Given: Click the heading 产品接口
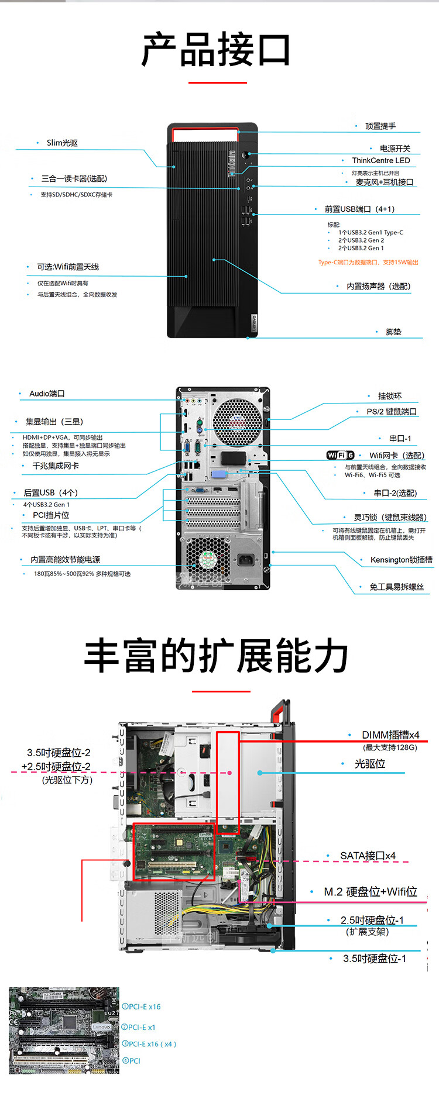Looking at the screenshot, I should click(x=216, y=50).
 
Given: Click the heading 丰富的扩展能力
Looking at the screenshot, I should click(x=216, y=656).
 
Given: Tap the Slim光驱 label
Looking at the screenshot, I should click(x=62, y=143).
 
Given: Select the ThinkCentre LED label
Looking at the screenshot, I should click(x=380, y=160).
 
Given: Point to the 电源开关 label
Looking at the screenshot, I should click(x=395, y=149).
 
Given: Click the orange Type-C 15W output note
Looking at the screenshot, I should click(x=368, y=263).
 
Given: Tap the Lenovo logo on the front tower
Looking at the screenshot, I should click(x=254, y=322).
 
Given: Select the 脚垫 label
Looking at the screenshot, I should click(x=393, y=332).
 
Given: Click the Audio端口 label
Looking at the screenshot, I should click(x=47, y=394).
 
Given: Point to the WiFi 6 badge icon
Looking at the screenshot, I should click(x=340, y=455).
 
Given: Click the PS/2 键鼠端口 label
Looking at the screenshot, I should click(x=392, y=412).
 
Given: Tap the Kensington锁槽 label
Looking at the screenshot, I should click(x=401, y=560).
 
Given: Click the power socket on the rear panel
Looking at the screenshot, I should click(x=246, y=560).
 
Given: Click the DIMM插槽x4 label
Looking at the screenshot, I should click(x=390, y=735).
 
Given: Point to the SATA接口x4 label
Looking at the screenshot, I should click(x=368, y=856).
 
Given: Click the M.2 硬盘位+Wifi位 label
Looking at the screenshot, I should click(x=371, y=891).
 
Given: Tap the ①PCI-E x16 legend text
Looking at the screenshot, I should click(x=141, y=1007).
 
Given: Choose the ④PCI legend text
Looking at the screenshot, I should click(x=131, y=1060).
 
